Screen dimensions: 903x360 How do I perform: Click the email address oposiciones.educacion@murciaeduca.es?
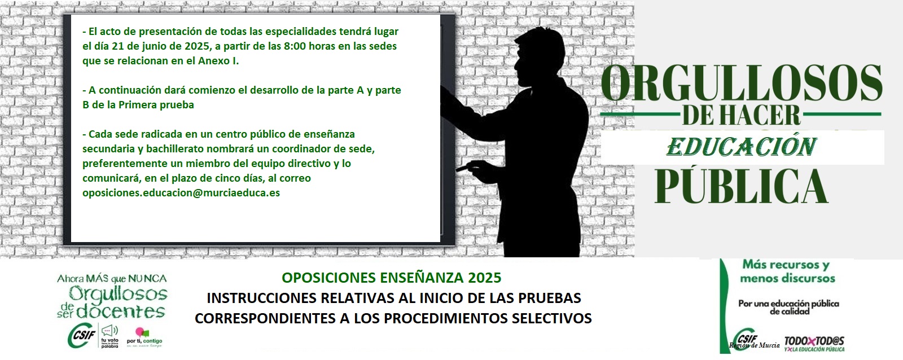tap(181, 193)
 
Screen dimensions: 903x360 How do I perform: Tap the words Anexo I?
tap(218, 61)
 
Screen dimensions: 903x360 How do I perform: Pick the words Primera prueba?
tap(156, 105)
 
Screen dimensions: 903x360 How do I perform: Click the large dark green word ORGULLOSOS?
tap(742, 82)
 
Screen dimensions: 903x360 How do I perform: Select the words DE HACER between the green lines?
tap(741, 115)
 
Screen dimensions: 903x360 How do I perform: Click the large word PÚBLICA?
tap(741, 185)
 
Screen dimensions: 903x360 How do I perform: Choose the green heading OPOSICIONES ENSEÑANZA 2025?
tap(392, 278)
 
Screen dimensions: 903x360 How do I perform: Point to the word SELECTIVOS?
tap(551, 318)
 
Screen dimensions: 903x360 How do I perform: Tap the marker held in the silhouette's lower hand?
tap(463, 169)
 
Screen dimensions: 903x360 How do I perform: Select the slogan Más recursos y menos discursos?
tap(787, 271)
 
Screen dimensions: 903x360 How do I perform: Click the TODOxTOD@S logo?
tap(814, 344)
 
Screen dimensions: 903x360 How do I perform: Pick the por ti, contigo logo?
tap(144, 337)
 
